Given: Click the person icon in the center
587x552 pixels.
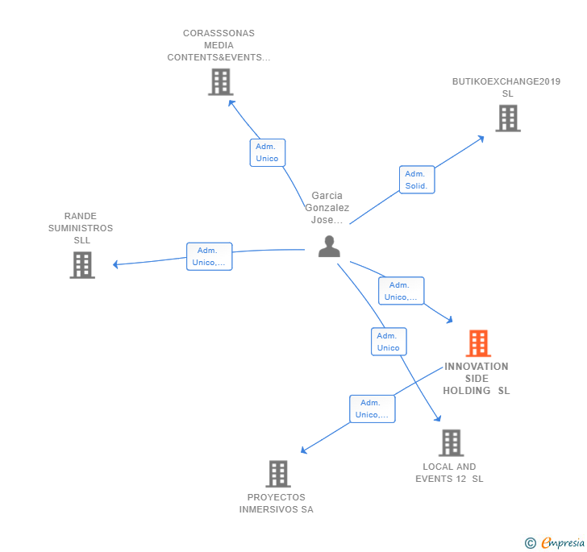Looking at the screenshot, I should tap(329, 247).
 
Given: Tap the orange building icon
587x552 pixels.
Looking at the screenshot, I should tap(478, 343).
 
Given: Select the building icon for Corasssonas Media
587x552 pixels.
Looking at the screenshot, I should tap(220, 82).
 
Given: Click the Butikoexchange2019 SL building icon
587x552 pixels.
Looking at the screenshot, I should tap(507, 118).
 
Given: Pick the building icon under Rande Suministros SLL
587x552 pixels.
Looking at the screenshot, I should tap(81, 265).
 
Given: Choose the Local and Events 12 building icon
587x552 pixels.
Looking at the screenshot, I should tap(451, 442).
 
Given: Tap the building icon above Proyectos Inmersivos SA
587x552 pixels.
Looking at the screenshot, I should tap(278, 474).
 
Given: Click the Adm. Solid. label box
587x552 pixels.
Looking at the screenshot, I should tap(417, 180).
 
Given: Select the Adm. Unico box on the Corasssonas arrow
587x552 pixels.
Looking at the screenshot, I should tap(267, 152).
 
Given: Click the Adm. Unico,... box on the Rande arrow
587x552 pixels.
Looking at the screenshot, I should tap(209, 256).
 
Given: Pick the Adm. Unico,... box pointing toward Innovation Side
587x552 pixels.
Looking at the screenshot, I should tap(401, 291).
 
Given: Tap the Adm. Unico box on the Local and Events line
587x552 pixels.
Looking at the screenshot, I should tap(388, 342).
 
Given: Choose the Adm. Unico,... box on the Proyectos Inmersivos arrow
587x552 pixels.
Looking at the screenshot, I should tap(371, 409).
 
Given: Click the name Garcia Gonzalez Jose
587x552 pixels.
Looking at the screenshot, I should tap(327, 208).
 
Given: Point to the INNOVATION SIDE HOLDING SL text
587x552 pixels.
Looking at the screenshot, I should tap(477, 379).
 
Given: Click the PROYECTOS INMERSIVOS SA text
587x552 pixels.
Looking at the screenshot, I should tap(276, 504).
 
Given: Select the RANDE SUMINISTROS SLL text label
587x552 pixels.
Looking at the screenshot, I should tap(81, 228).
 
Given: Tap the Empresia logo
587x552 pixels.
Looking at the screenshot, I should tap(562, 542).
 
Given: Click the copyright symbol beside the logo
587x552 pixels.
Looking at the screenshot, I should tap(531, 543).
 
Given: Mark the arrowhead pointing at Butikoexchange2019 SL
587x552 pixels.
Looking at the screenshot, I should tap(481, 138).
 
